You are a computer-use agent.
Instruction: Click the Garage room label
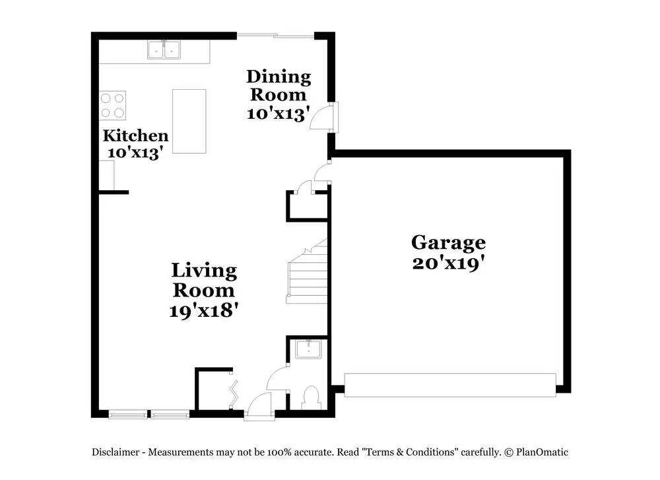pyautogui.click(x=448, y=243)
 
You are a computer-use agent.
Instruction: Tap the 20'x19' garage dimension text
pyautogui.click(x=448, y=263)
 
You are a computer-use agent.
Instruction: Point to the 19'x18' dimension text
pyautogui.click(x=203, y=310)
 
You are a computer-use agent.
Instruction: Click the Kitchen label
pyautogui.click(x=135, y=136)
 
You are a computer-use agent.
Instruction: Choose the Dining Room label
pyautogui.click(x=278, y=86)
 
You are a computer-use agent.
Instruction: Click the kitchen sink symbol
pyautogui.click(x=164, y=50)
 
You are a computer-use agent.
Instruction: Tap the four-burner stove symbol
pyautogui.click(x=113, y=105)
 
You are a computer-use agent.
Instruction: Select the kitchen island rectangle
pyautogui.click(x=189, y=121)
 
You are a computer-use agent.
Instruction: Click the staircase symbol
pyautogui.click(x=308, y=274)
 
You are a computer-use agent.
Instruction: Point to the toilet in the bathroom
pyautogui.click(x=310, y=397)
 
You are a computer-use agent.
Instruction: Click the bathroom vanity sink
pyautogui.click(x=308, y=349)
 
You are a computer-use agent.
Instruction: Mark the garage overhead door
pyautogui.click(x=450, y=385)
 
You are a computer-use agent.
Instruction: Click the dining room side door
pyautogui.click(x=325, y=117)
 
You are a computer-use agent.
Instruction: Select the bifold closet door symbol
pyautogui.click(x=233, y=391)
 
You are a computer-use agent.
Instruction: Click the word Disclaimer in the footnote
pyautogui.click(x=115, y=452)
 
